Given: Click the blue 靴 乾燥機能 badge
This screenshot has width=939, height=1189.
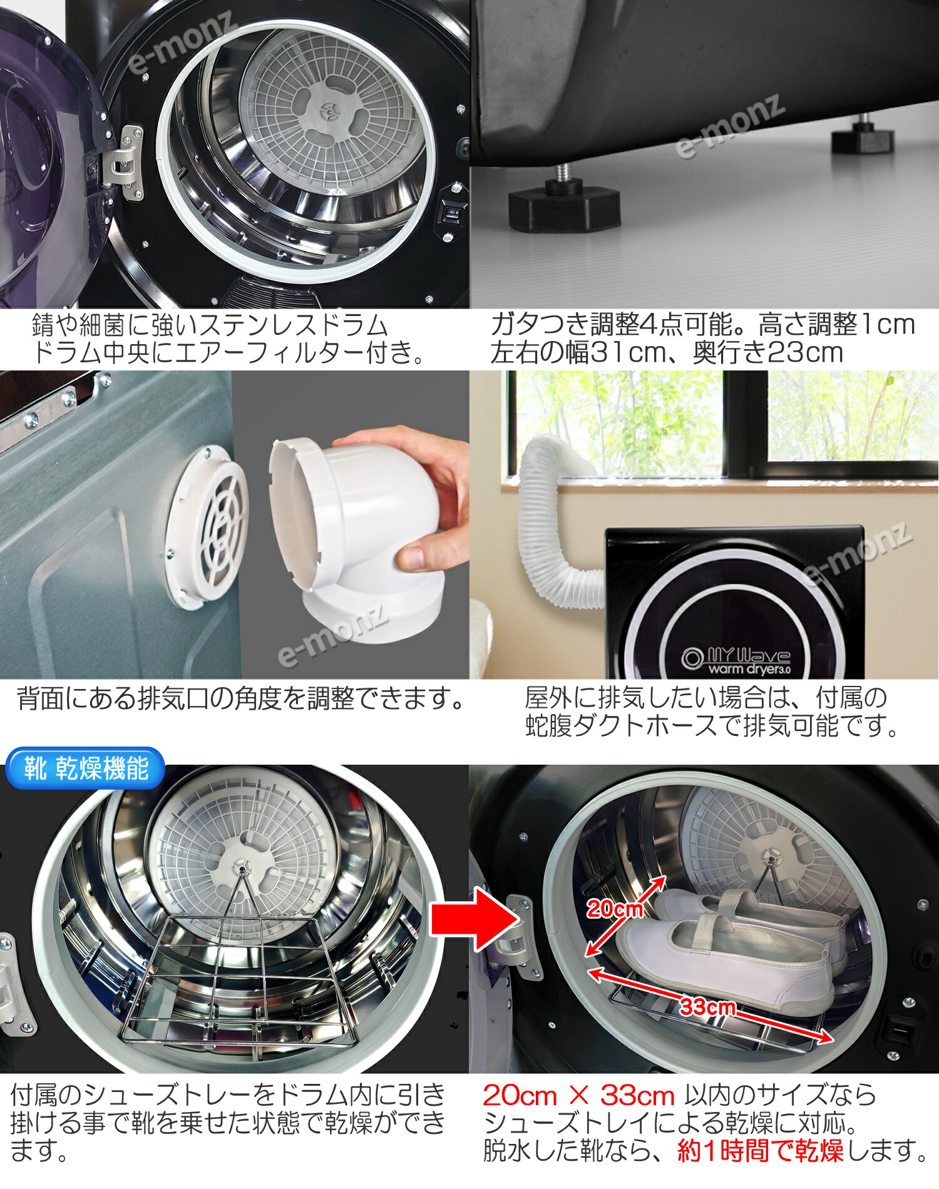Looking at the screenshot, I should point(85,768).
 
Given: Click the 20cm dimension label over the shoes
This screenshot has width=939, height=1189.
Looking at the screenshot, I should point(615,909).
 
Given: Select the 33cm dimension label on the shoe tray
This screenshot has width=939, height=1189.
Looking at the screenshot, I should point(707,1007).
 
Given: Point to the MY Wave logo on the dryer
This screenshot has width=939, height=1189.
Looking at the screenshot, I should point(737,660).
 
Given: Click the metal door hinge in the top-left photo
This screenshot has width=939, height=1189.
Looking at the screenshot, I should point(122,161).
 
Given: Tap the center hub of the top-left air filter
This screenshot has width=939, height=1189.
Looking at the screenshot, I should point(327,111).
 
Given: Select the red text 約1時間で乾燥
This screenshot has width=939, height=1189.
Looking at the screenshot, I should point(760,1150).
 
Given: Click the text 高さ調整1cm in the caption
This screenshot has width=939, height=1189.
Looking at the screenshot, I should point(836,324).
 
